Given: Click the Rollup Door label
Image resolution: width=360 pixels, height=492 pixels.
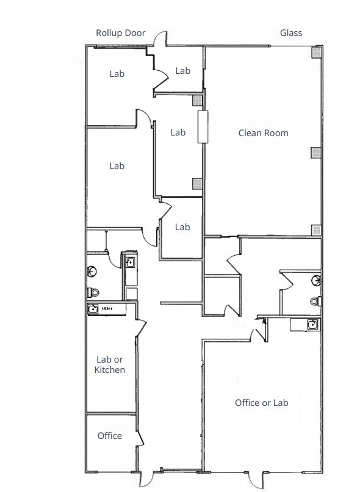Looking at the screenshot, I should [120, 33].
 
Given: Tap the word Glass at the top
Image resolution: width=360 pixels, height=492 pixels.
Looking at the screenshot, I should [291, 33].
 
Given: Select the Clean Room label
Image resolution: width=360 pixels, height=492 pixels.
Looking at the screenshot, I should [263, 133].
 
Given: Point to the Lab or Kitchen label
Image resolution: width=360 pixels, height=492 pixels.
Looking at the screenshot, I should [110, 365].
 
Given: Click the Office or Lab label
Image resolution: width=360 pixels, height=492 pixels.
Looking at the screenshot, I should [261, 403].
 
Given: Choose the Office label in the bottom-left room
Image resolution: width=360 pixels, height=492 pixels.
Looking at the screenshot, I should [110, 436].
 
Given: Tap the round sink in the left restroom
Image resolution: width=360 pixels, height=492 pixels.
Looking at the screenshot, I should [92, 271].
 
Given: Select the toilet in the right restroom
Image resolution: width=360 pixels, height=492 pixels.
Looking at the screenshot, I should [315, 300].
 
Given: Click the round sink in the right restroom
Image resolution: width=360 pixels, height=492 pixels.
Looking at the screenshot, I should [315, 281].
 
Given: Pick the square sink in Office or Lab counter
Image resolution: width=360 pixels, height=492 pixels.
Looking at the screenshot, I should [311, 324].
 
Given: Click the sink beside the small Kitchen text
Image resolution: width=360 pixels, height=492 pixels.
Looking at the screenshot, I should [93, 309].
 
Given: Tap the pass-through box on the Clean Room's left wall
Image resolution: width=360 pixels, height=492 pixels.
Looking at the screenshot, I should [202, 126].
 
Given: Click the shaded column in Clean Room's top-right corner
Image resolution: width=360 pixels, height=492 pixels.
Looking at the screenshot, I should [315, 53].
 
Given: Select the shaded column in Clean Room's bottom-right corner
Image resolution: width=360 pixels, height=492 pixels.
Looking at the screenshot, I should [315, 230].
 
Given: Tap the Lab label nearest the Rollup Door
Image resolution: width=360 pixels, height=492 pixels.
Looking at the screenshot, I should [117, 74].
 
